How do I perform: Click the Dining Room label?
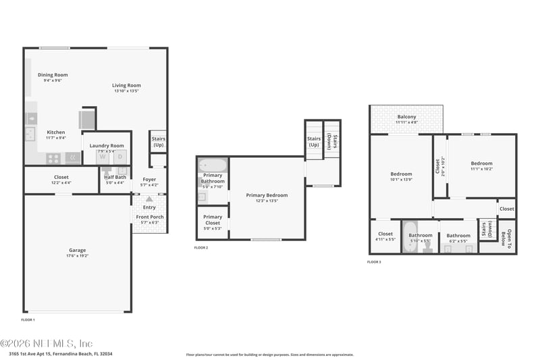(x=53, y=75)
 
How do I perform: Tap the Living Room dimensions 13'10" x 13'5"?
(x=126, y=91)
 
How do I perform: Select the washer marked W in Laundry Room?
(x=103, y=157)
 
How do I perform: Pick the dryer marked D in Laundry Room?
(x=120, y=157)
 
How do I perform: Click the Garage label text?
(x=77, y=250)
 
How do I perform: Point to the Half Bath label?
(x=115, y=177)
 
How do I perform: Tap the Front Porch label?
(x=150, y=217)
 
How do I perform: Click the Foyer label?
(x=149, y=180)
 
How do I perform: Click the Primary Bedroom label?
(x=267, y=195)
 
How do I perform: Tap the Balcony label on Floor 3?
(x=406, y=117)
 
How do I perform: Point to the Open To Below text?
(x=508, y=238)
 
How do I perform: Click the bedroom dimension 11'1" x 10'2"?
(x=481, y=169)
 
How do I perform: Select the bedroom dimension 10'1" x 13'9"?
(x=401, y=179)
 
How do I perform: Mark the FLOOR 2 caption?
(x=201, y=248)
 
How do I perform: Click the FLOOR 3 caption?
(x=374, y=261)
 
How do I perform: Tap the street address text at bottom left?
(x=61, y=353)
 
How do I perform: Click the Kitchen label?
(x=56, y=132)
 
